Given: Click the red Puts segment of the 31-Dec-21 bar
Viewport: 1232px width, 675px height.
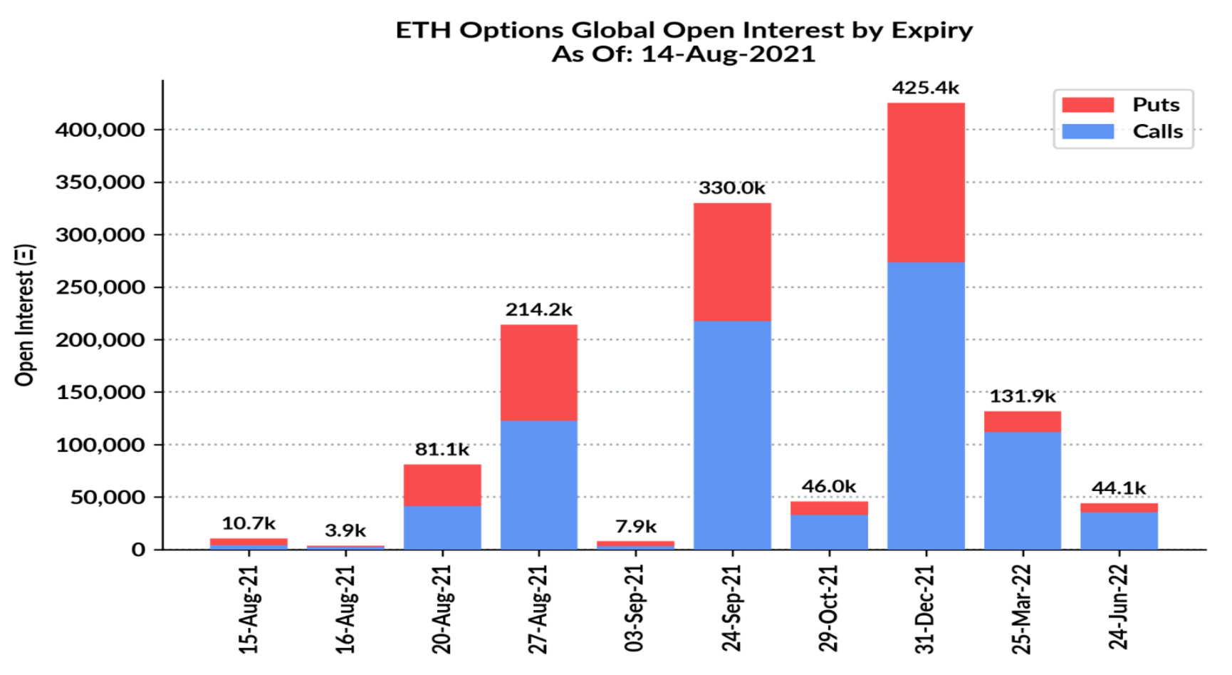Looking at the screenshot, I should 926,182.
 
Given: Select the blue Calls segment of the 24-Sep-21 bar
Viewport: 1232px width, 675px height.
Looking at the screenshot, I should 732,435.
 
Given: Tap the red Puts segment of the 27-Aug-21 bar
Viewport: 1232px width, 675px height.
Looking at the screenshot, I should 539,372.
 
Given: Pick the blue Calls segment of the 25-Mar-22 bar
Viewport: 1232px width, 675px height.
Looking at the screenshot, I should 1023,490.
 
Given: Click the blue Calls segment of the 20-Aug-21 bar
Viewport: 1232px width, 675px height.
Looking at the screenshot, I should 442,527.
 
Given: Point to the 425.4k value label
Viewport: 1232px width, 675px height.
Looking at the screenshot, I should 926,88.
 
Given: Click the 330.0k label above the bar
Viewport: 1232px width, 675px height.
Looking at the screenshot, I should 732,187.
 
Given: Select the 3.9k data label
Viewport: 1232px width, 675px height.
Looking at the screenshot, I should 345,530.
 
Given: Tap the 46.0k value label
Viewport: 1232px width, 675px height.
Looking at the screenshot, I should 829,486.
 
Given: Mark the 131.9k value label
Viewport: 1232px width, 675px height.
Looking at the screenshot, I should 1023,396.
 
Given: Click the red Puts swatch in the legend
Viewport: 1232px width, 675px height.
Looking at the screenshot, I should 1087,105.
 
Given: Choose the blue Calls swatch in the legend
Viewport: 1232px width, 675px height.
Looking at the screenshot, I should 1087,131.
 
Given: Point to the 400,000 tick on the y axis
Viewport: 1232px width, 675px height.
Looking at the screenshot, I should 100,130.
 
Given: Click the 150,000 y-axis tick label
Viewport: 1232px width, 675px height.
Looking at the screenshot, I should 100,392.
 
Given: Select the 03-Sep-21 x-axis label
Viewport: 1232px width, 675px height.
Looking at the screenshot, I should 635,608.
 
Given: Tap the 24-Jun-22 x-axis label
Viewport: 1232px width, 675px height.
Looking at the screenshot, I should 1119,607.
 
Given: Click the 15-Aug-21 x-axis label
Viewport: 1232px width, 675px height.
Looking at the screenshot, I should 249,609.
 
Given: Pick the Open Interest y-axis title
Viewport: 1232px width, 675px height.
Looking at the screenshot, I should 25,315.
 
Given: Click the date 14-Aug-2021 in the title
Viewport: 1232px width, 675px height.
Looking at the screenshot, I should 728,54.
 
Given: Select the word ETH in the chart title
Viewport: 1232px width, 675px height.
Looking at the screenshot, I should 424,30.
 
